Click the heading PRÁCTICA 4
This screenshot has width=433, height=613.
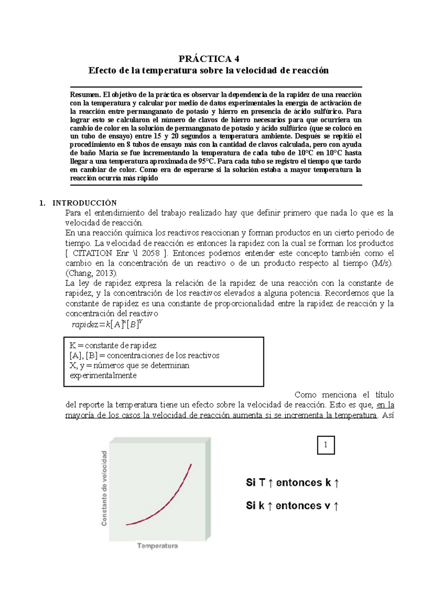click(209, 58)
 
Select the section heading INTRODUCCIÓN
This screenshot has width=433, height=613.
click(84, 203)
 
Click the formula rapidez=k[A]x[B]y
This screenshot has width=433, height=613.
click(107, 325)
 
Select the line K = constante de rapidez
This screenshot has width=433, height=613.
click(113, 345)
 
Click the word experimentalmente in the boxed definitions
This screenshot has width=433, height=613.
click(103, 375)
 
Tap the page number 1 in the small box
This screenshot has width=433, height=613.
click(326, 445)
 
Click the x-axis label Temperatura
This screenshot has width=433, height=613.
click(157, 546)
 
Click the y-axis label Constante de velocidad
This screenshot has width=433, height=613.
click(104, 488)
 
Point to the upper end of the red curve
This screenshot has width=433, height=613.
click(191, 465)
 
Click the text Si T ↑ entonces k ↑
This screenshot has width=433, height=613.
click(292, 483)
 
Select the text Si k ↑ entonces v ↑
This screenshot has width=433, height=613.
click(292, 506)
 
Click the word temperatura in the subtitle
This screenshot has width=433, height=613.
click(169, 70)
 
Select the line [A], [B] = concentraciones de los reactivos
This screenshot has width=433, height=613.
click(144, 356)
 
